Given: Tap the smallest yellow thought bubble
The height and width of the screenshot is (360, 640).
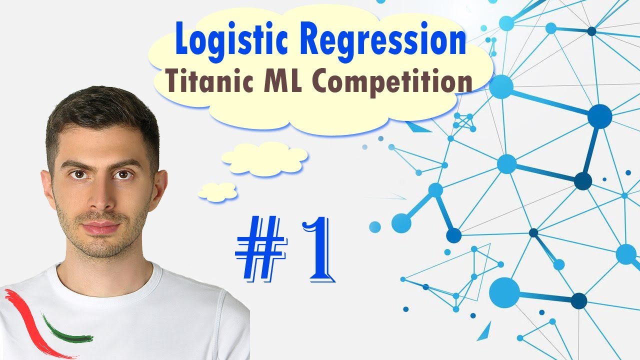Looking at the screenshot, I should pos(217,192).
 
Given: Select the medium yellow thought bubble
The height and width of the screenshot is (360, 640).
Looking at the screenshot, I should pos(264,158).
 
